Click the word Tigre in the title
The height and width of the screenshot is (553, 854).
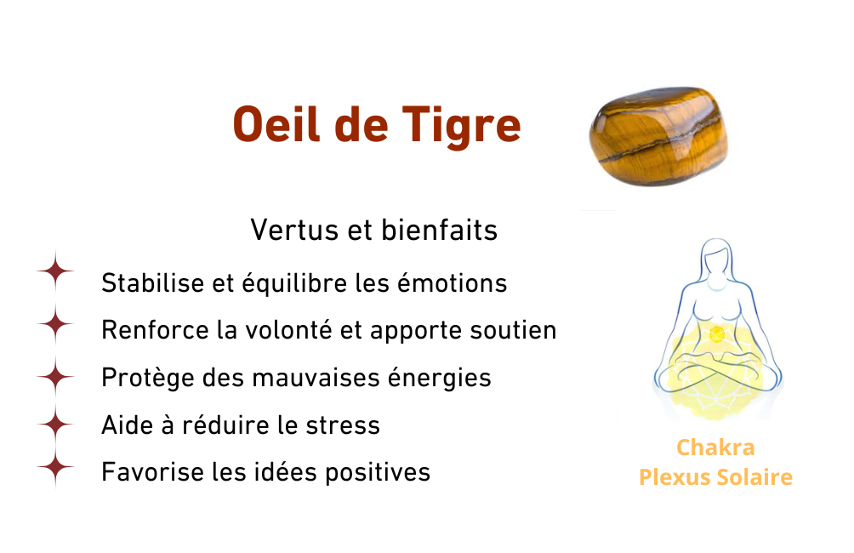(461, 126)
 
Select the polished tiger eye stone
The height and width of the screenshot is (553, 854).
(658, 136)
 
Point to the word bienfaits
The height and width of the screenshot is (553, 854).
(440, 230)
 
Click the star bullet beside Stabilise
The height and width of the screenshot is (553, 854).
(55, 271)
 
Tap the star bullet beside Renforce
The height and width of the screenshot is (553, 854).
(55, 323)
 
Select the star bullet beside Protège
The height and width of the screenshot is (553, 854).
(55, 377)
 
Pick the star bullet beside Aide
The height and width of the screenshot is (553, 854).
(55, 424)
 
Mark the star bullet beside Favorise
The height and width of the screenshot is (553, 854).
(55, 467)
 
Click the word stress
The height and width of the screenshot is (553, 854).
(343, 425)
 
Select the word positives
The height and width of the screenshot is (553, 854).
(378, 472)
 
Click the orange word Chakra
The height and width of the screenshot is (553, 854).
(715, 448)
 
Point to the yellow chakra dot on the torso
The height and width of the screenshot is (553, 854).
(717, 334)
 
